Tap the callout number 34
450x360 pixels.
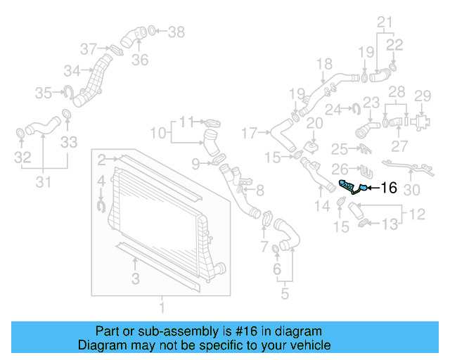coord(71,70)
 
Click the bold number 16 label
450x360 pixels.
coord(388,188)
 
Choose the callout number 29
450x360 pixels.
coord(422,96)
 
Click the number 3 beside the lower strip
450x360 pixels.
coord(135,280)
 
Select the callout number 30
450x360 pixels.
coord(412,190)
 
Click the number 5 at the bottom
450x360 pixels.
coord(284,293)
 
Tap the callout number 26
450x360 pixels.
coord(340,169)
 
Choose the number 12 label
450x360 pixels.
coord(417,212)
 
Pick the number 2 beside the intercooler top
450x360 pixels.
coord(102,159)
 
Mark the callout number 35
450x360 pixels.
coord(44,92)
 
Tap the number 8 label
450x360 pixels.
coord(260,190)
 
